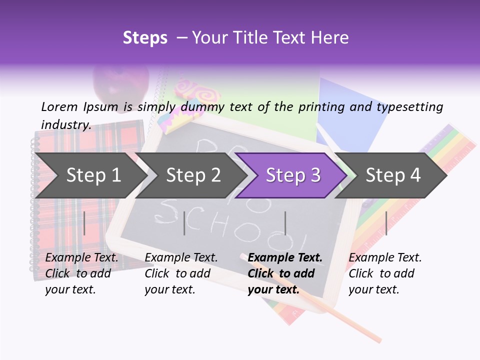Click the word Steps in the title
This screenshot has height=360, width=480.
(x=145, y=38)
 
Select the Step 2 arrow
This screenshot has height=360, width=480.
(x=192, y=175)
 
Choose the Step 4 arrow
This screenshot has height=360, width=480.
(x=392, y=175)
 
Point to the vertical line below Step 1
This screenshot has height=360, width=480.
(x=84, y=223)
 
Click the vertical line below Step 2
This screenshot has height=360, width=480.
(x=184, y=223)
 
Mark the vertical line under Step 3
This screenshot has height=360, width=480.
(x=285, y=223)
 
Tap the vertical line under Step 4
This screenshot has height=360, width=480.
(x=386, y=223)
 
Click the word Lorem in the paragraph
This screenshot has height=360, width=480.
(x=59, y=106)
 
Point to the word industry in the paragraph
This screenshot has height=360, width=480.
(x=65, y=124)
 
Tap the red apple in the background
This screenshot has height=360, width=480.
(x=120, y=83)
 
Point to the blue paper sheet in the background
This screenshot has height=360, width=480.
(x=345, y=115)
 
